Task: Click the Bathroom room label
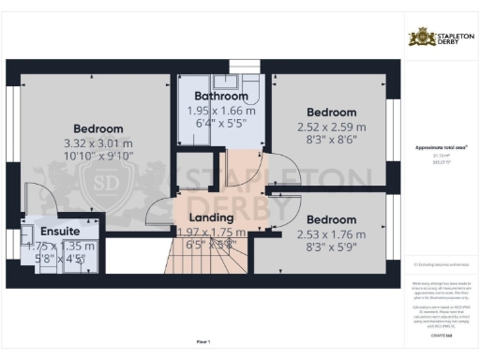[x=220, y=96]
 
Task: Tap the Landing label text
[x=204, y=217]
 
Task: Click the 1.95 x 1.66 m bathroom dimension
[x=220, y=110]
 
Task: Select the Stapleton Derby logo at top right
[x=440, y=37]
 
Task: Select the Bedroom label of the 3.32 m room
[x=98, y=128]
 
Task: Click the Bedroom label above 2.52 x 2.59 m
[x=324, y=112]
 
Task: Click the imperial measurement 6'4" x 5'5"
[x=220, y=124]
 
